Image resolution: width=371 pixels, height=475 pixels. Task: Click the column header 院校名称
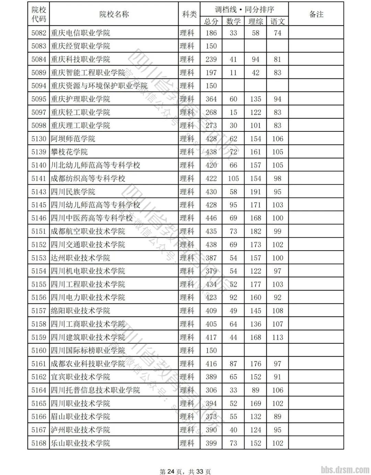click(114, 14)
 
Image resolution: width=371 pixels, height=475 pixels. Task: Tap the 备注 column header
click(316, 14)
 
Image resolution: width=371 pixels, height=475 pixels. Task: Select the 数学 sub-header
click(233, 21)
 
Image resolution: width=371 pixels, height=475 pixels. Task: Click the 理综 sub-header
click(255, 21)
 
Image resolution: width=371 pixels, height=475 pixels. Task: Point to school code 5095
click(38, 99)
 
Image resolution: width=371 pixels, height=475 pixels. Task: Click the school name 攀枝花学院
click(69, 152)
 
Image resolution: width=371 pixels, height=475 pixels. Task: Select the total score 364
click(211, 99)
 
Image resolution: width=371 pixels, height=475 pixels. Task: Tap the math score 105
click(233, 178)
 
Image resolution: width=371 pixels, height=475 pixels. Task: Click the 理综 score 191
click(255, 192)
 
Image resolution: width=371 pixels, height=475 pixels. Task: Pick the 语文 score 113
click(278, 337)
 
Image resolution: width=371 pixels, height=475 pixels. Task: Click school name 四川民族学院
click(73, 192)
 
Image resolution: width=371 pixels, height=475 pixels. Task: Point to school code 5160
click(38, 350)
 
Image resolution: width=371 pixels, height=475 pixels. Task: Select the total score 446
click(211, 218)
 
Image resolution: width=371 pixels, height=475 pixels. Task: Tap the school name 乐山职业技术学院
click(80, 443)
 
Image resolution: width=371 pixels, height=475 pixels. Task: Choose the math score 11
click(233, 73)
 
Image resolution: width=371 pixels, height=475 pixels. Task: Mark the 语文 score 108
click(278, 311)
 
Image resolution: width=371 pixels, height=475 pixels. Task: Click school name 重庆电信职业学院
click(80, 33)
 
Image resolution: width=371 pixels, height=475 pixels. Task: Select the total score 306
click(211, 390)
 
